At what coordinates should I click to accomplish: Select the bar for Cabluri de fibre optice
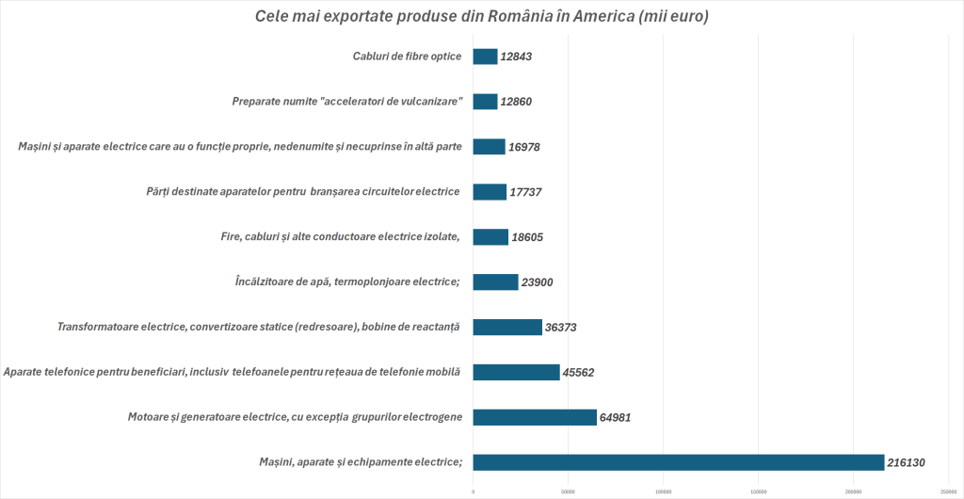485,56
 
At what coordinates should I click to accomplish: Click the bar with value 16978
489,146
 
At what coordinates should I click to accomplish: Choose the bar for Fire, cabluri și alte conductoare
490,236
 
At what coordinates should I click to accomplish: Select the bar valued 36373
507,327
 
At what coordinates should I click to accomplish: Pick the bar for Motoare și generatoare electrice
535,417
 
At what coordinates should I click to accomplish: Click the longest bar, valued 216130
679,462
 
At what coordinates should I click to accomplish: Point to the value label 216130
908,462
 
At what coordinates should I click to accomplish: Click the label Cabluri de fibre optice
407,56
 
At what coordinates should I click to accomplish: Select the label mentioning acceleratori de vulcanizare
346,102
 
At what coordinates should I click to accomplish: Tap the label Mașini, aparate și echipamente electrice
361,462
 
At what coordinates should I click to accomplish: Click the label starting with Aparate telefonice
232,372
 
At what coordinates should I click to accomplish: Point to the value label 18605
527,236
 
